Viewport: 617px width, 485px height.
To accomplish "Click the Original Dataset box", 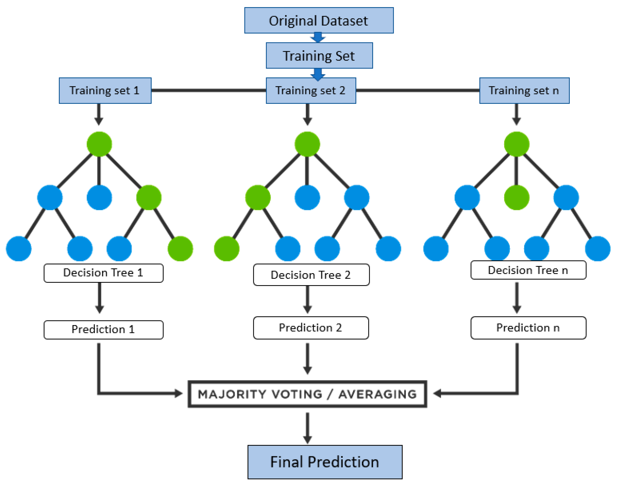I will coord(319,21).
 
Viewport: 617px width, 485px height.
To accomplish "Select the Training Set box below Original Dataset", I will coord(319,56).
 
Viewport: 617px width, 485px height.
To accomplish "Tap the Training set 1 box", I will coord(105,91).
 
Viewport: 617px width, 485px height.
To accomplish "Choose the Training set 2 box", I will coord(311,91).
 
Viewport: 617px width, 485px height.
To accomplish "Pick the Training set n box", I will coord(524,91).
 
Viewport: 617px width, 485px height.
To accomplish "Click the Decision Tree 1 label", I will coord(103,273).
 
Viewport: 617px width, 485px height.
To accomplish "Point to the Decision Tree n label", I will coord(528,270).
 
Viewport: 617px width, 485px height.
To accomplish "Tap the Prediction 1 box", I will coord(103,330).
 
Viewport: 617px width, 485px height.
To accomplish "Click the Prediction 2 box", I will coord(311,328).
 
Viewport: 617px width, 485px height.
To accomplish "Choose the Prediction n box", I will coord(528,328).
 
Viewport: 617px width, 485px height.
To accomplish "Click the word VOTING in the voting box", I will coord(297,394).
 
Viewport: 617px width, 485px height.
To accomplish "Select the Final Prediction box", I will coord(325,462).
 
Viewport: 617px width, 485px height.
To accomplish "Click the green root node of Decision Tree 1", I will coord(99,144).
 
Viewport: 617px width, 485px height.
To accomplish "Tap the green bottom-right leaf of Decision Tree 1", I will coord(180,248).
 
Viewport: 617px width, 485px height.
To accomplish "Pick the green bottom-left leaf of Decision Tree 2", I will coord(226,248).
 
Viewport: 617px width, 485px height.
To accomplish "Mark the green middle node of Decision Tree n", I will coord(517,197).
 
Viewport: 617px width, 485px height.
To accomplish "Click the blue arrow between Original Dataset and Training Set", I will coord(318,38).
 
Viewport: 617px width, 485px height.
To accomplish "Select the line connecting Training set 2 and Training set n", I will coord(417,90).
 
